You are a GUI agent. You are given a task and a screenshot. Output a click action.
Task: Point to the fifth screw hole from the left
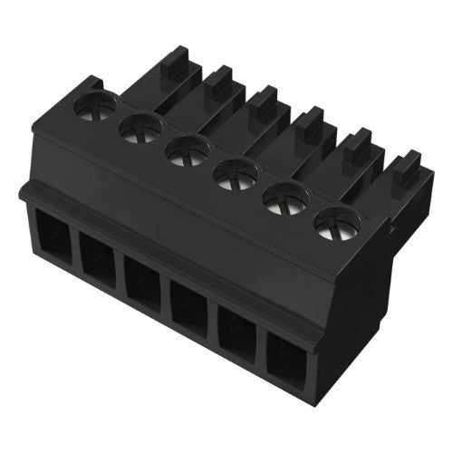point(284,197)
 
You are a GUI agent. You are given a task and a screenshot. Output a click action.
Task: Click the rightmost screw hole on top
point(333,222)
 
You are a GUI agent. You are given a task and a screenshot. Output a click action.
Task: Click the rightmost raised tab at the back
point(400,168)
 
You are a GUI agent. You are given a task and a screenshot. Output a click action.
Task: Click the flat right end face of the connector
point(371,281)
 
